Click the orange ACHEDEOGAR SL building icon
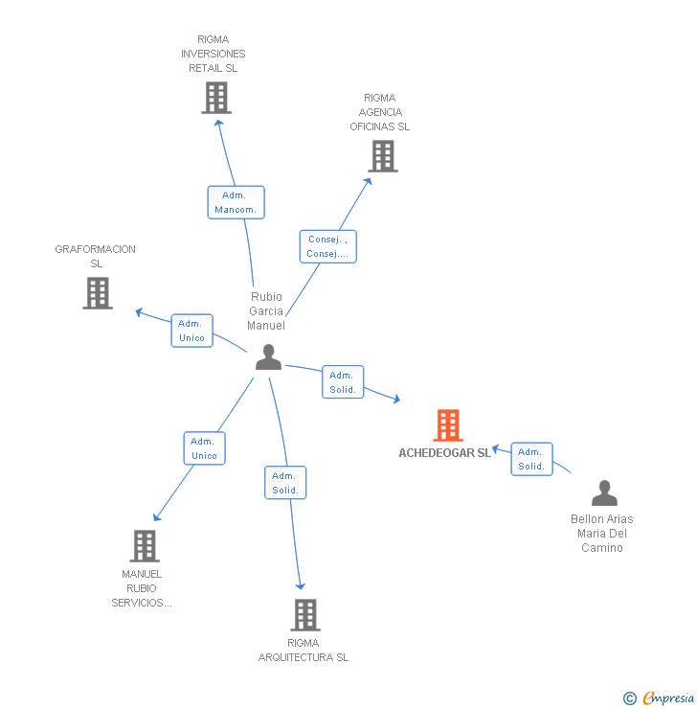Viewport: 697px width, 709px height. [448, 425]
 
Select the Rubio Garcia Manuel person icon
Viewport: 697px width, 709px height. [268, 357]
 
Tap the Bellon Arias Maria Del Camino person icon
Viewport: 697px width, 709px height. [604, 493]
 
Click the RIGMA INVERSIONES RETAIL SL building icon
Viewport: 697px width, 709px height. [216, 98]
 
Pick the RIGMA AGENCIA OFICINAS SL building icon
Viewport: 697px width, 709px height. [383, 156]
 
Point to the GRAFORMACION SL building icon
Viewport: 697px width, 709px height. [98, 293]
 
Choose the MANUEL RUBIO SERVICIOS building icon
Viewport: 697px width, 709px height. [145, 546]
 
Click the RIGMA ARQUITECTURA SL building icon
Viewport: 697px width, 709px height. [304, 615]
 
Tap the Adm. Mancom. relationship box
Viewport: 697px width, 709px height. [236, 202]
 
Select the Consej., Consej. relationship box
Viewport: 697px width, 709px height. [327, 247]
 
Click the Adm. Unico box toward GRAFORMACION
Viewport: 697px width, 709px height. [191, 331]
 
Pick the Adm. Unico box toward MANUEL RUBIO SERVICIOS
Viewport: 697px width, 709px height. [204, 448]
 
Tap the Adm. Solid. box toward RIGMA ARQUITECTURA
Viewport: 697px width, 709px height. [284, 483]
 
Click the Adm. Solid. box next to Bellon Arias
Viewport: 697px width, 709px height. [531, 459]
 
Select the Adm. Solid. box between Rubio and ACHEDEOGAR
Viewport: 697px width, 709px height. [342, 382]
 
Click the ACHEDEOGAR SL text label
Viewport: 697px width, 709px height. [444, 453]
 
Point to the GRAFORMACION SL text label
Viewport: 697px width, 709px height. [96, 256]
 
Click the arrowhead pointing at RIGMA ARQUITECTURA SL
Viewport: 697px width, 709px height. [301, 585]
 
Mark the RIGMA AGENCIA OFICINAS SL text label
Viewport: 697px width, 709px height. [379, 112]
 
